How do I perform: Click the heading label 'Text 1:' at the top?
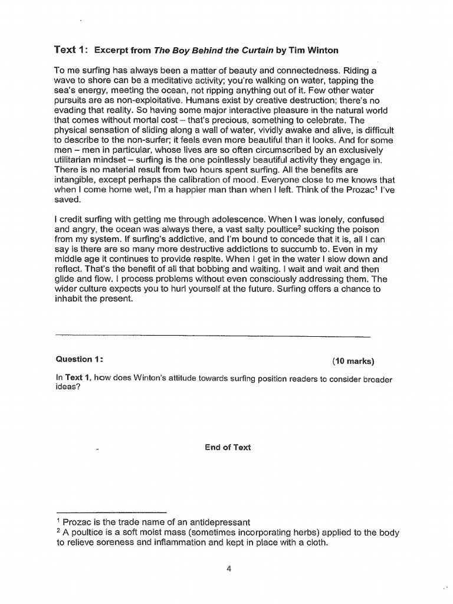[71, 50]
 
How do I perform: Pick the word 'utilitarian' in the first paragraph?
[79, 161]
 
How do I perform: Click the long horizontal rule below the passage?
[212, 337]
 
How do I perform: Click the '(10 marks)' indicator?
[353, 362]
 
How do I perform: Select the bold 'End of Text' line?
[228, 448]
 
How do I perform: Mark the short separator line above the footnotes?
[112, 513]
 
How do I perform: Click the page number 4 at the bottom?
[228, 569]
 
